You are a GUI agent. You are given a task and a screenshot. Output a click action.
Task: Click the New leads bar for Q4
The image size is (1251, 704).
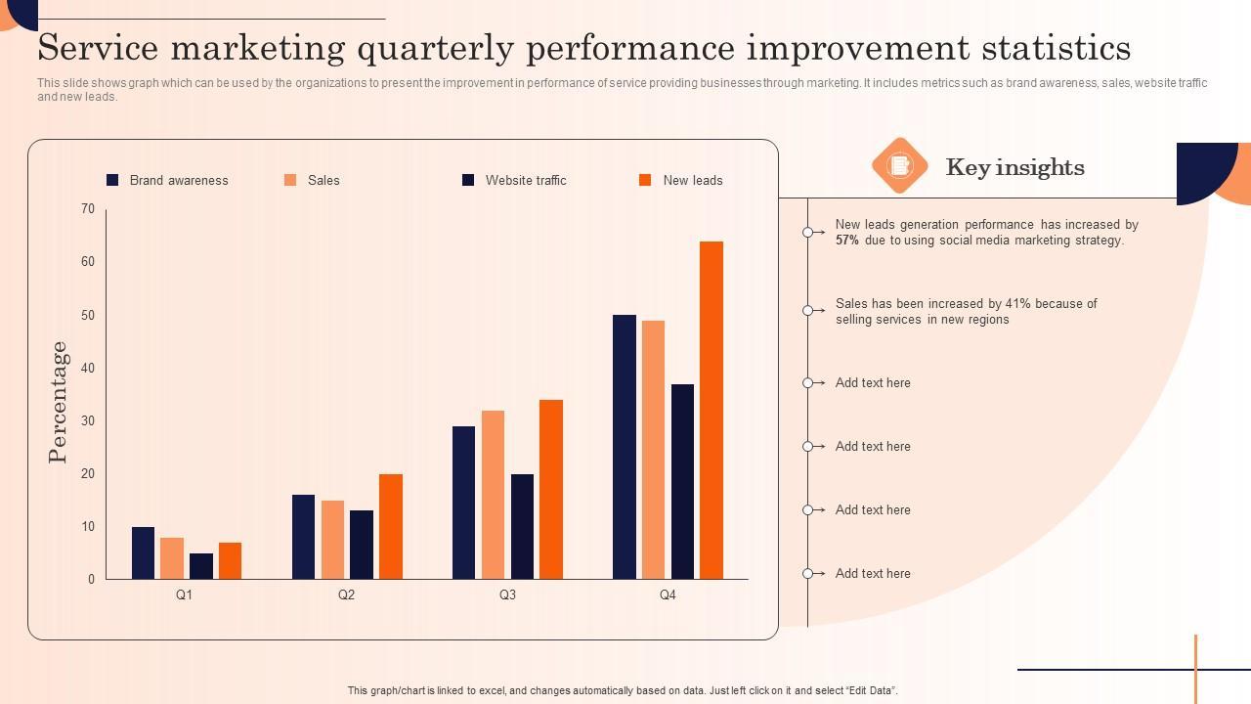712,411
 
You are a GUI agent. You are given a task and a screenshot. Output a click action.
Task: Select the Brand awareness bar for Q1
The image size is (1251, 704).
143,553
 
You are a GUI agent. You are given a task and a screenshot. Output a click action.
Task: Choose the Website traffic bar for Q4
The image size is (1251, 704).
682,481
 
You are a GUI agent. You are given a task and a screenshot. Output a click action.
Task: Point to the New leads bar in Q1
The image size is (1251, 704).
230,561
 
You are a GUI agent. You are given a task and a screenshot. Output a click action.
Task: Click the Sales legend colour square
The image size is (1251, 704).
290,180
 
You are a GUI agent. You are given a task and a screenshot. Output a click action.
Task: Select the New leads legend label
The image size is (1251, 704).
693,180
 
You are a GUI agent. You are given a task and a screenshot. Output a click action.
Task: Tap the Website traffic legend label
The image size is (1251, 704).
526,180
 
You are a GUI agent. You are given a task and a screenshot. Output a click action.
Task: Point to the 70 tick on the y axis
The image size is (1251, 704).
88,208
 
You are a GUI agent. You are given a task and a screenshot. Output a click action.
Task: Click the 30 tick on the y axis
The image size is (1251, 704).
88,420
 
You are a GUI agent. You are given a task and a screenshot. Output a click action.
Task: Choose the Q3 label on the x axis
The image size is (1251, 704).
507,594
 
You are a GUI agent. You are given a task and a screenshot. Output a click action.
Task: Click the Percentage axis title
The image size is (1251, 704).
59,402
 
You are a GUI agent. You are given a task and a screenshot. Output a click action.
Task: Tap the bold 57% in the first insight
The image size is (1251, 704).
847,241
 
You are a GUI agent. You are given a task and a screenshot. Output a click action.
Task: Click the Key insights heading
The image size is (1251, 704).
1014,167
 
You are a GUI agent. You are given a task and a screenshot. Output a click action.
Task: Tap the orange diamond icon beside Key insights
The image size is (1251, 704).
899,165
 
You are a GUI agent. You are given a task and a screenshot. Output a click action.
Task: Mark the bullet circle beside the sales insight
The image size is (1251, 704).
808,311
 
